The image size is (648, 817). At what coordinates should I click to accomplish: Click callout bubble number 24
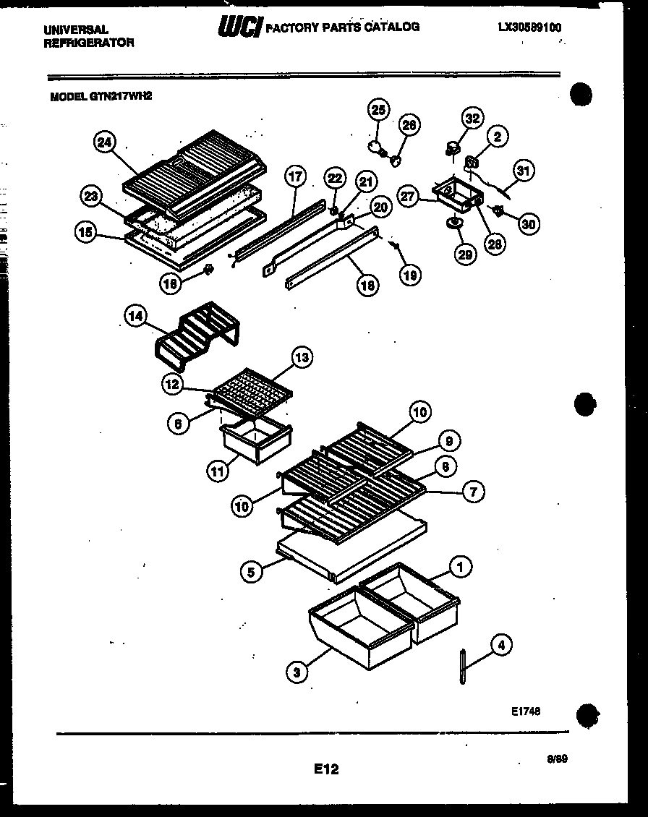(105, 142)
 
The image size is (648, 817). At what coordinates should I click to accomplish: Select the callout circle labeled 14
(135, 315)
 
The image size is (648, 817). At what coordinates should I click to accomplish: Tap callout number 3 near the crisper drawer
(294, 672)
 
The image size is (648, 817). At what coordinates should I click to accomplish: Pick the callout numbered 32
(472, 119)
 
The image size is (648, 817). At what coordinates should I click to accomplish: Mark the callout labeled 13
(302, 356)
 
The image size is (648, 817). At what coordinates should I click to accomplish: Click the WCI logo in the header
(239, 28)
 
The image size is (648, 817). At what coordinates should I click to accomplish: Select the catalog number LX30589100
(529, 27)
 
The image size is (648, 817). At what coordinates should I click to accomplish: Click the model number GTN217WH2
(101, 94)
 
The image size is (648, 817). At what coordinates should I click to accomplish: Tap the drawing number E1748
(525, 711)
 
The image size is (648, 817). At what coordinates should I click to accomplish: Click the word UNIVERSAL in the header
(76, 30)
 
